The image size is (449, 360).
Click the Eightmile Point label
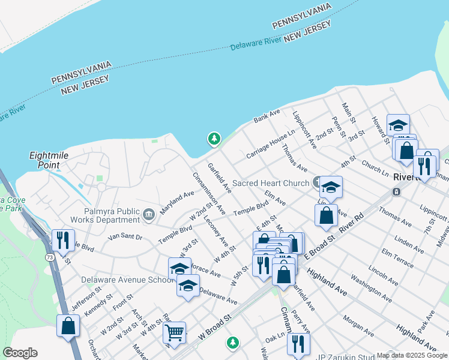(x=44, y=160)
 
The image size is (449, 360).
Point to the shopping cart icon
(x=174, y=331)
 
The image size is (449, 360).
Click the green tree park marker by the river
(x=214, y=139)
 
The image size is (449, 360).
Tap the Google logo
(x=20, y=353)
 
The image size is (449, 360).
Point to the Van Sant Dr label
(x=125, y=238)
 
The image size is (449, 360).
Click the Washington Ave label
(x=371, y=288)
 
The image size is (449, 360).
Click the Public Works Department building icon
(x=148, y=213)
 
